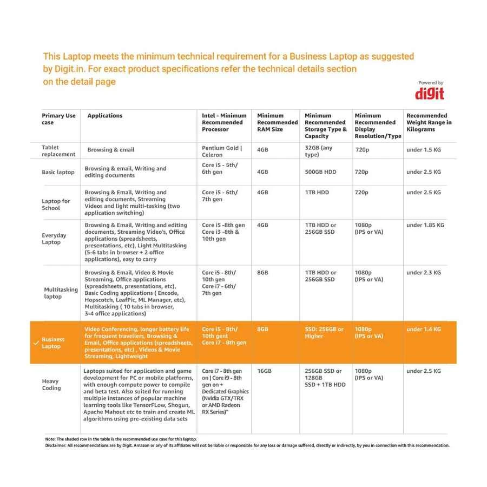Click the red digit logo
[x=430, y=94]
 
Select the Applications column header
[x=105, y=116]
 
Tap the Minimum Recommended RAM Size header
[x=277, y=122]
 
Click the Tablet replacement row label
[x=58, y=151]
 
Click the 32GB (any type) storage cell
[x=319, y=151]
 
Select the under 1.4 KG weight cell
[x=424, y=329]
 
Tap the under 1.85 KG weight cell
[x=425, y=225]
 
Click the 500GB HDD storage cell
[x=320, y=172]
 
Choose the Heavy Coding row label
[x=51, y=385]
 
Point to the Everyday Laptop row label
[x=54, y=239]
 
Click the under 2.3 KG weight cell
[x=424, y=273]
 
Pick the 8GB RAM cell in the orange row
[x=262, y=329]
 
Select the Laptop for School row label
[x=56, y=205]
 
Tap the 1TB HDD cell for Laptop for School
[x=318, y=193]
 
